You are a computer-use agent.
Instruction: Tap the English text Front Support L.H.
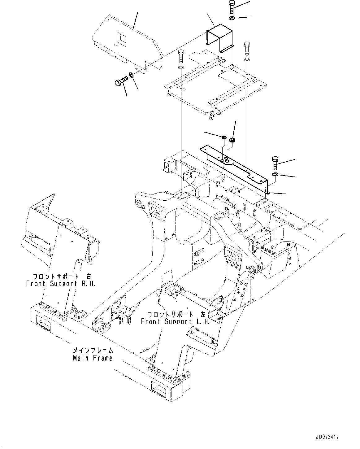point(176,321)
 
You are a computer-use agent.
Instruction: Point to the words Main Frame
point(93,358)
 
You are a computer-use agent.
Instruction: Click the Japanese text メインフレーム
point(93,351)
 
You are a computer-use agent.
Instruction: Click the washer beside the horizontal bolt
point(131,75)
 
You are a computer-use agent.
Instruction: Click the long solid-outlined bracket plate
point(235,169)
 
